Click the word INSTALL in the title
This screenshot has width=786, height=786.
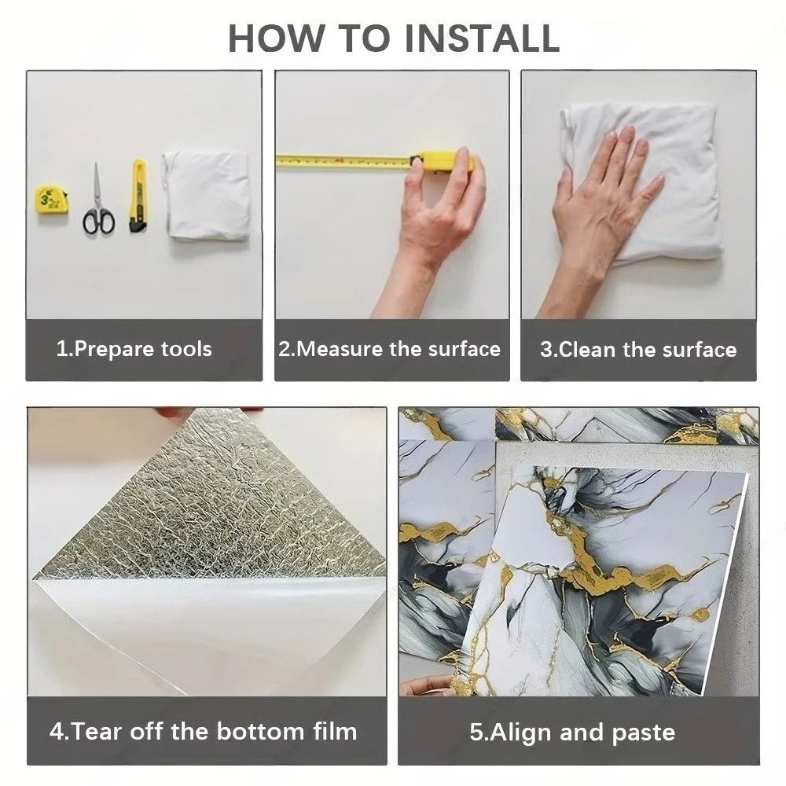pyautogui.click(x=482, y=38)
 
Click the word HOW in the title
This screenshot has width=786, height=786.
pyautogui.click(x=276, y=38)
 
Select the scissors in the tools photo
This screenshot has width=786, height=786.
pyautogui.click(x=98, y=200)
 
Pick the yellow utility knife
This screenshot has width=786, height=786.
pyautogui.click(x=138, y=196)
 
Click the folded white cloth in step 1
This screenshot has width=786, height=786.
pyautogui.click(x=206, y=194)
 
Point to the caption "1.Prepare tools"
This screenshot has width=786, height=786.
pyautogui.click(x=134, y=349)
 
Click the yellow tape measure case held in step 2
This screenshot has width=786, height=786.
pyautogui.click(x=441, y=161)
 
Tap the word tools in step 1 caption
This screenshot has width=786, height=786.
pyautogui.click(x=186, y=349)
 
